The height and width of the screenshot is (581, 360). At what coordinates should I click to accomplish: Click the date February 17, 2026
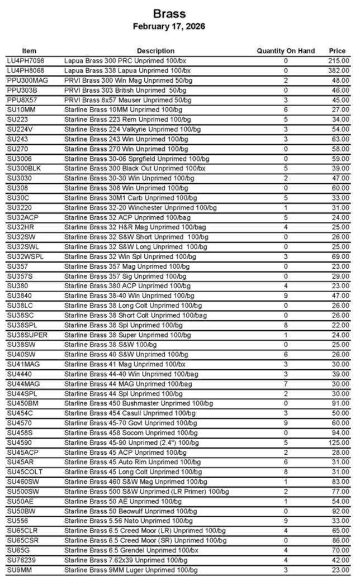tap(169, 26)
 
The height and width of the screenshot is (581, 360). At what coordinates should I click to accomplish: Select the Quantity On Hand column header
tap(286, 51)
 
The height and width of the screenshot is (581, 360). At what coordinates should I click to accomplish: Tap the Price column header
tap(337, 51)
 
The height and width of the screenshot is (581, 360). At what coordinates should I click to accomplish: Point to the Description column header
tap(155, 51)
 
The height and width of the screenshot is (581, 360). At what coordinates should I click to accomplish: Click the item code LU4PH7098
tap(26, 60)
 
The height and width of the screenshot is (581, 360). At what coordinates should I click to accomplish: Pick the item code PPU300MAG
tap(27, 80)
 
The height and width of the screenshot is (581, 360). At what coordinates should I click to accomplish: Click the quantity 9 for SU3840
tap(286, 296)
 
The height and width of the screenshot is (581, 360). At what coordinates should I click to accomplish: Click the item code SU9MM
tap(20, 570)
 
